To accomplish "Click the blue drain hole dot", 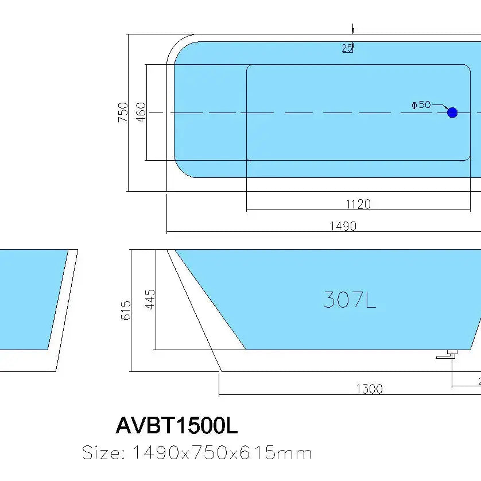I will [452, 113].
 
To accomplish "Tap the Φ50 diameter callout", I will [421, 104].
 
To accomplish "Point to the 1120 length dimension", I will [358, 204].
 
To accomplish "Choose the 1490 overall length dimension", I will [343, 226].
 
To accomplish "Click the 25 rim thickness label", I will [347, 48].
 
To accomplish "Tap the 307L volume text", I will [349, 300].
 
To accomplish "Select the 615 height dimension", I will [126, 311].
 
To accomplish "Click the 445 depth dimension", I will [150, 299].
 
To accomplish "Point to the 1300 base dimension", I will [369, 389].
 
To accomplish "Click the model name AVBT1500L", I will [176, 426].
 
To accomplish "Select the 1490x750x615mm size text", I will [222, 453].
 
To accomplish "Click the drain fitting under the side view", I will [448, 355].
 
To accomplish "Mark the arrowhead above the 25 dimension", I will [353, 30].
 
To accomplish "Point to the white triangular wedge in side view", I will [207, 321].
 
